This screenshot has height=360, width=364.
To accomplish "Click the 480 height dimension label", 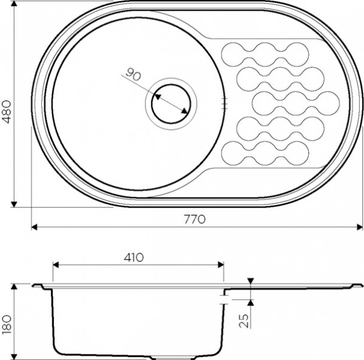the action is [x=7, y=112].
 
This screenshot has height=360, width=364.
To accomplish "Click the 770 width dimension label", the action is [x=195, y=219].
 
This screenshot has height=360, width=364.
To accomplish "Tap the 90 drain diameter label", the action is [x=133, y=75].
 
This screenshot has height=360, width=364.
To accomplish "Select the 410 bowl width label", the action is [x=133, y=257].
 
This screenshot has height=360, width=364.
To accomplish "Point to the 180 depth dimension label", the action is [x=7, y=324].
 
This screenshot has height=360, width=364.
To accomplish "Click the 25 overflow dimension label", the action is [x=244, y=321].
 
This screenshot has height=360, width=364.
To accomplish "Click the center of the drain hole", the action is [x=171, y=104].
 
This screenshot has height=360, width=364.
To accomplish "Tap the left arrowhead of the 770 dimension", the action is [x=34, y=227].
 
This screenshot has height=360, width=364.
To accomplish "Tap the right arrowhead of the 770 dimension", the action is [x=360, y=227].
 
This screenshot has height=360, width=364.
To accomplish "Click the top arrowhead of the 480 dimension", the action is [x=14, y=4].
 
